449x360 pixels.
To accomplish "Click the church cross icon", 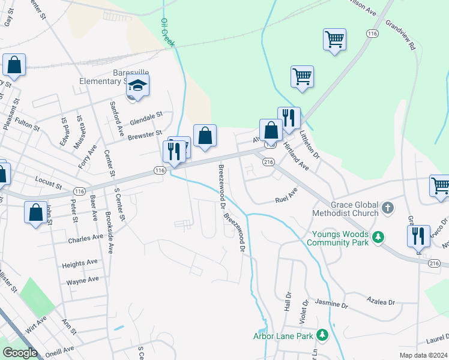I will tap(388, 208).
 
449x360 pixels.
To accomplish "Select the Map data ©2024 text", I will tap(423, 355).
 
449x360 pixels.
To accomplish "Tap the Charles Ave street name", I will tap(85, 238).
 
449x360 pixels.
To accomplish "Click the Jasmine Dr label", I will tap(332, 304).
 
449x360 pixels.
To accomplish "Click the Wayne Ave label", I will tap(82, 280).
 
